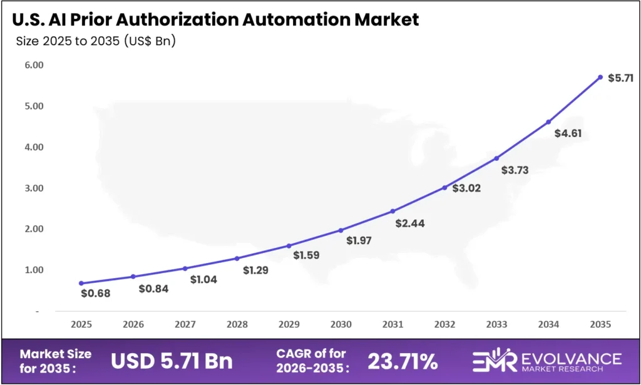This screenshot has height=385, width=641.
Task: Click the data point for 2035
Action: tap(600, 77)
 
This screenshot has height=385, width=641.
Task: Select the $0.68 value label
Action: tap(96, 293)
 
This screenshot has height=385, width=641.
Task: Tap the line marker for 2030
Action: tap(341, 230)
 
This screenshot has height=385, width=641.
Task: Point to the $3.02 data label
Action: tap(466, 188)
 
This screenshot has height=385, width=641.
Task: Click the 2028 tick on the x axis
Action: tap(237, 325)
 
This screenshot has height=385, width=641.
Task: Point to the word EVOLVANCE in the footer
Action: tap(573, 357)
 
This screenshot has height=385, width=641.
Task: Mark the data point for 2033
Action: tap(496, 158)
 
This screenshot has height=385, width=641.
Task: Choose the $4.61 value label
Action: tap(568, 133)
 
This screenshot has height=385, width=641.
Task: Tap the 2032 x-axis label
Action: tap(444, 325)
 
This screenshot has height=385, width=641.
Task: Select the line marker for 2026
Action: tap(133, 276)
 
